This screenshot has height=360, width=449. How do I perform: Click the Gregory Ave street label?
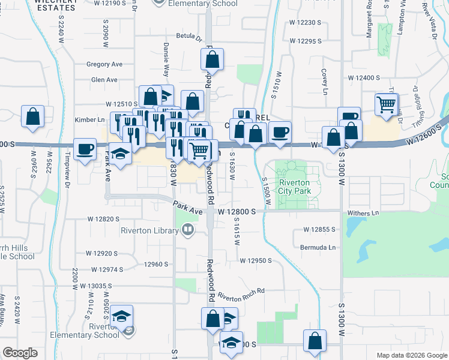click(104, 64)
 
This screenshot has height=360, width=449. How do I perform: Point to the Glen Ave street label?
click(104, 79)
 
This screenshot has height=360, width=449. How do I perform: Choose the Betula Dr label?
click(188, 37)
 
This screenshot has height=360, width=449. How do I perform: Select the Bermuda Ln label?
click(319, 247)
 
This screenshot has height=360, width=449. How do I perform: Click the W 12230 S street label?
click(310, 22)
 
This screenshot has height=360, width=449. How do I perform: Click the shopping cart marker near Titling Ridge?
click(386, 105)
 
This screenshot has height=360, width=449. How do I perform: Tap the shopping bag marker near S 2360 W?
click(32, 116)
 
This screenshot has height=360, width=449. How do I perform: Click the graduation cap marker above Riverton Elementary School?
click(121, 316)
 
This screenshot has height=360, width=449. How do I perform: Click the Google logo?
click(20, 353)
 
